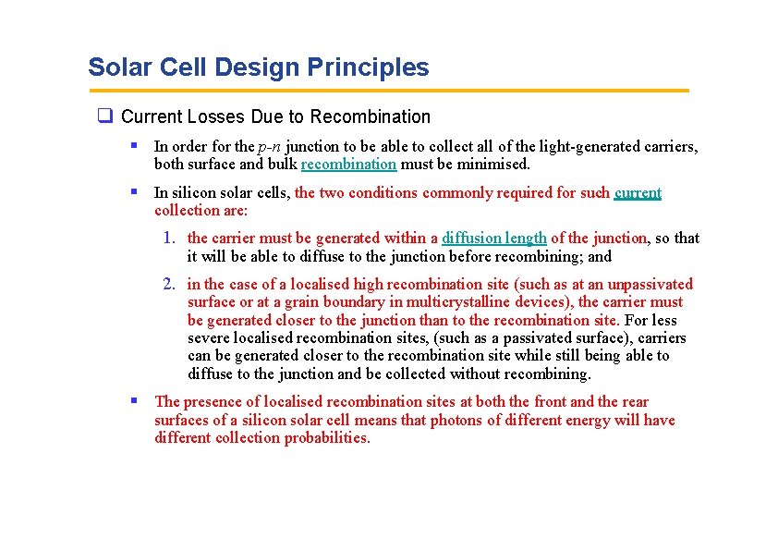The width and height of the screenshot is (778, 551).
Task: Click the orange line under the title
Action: (x=388, y=91)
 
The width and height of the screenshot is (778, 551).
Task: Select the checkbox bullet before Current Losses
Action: (x=105, y=116)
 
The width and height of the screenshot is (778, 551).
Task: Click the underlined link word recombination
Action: (x=348, y=165)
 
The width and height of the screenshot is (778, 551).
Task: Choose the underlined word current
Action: (x=638, y=193)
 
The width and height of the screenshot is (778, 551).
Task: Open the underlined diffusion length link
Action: (x=494, y=239)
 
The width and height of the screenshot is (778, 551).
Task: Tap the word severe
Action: (x=211, y=338)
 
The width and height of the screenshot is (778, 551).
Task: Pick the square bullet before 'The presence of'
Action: (x=135, y=401)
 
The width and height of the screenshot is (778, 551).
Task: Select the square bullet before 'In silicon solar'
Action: (x=135, y=192)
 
